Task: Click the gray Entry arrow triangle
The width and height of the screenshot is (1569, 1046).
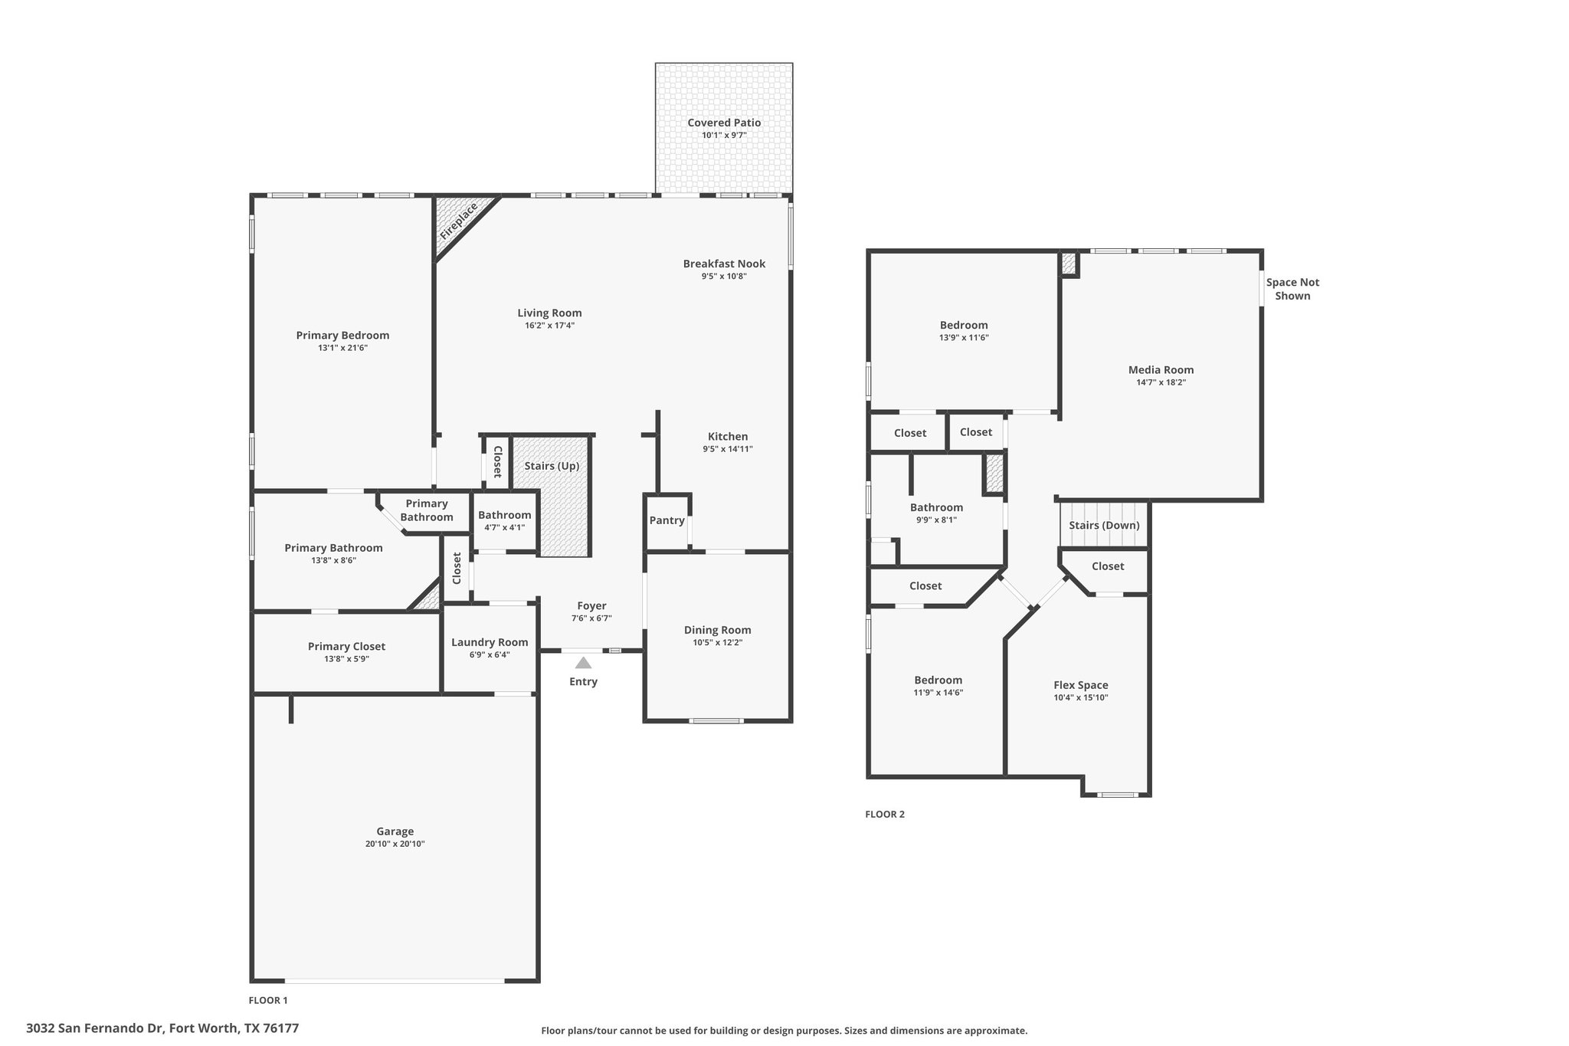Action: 584,663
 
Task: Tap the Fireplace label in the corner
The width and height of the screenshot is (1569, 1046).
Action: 459,222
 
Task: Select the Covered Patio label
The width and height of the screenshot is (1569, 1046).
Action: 724,123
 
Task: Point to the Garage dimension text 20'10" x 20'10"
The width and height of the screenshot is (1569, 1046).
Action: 395,844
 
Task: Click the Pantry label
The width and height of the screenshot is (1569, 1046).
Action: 667,520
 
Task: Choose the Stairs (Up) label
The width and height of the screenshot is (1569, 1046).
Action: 552,466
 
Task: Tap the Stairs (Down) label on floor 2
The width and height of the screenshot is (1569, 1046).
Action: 1104,525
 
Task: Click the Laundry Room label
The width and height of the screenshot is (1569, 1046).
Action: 490,642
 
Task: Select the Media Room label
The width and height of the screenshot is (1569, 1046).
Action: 1161,369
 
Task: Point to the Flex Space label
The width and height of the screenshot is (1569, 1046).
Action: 1081,685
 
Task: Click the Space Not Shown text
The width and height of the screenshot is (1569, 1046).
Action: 1292,289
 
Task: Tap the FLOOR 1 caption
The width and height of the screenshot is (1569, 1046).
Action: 268,1000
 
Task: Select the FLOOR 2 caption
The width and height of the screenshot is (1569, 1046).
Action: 885,814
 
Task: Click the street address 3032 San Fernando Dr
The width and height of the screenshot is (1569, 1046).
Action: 96,1028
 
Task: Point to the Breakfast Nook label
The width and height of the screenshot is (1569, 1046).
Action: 724,264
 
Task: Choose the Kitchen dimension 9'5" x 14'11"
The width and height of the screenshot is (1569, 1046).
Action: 728,449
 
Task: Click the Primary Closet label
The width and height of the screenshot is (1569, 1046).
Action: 346,646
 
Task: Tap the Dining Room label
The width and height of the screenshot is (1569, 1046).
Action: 718,630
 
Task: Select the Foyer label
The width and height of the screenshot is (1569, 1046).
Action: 591,605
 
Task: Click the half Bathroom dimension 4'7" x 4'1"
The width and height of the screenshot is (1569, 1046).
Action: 505,527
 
